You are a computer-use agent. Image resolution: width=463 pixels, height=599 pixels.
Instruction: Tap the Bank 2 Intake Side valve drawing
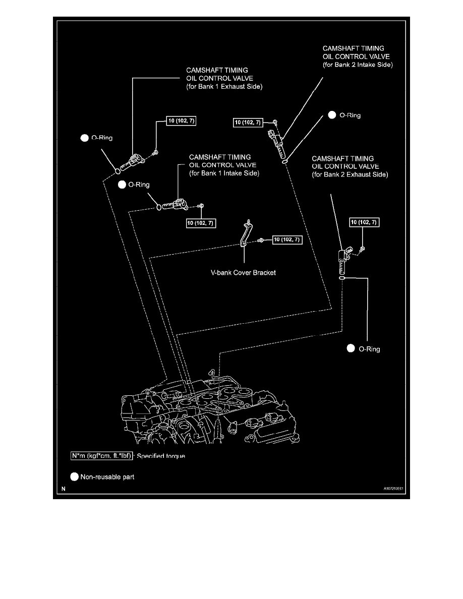[x=277, y=143]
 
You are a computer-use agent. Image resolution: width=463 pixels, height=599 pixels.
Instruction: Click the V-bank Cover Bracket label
[x=243, y=273]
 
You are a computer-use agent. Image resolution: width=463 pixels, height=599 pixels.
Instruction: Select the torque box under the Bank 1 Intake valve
[x=201, y=224]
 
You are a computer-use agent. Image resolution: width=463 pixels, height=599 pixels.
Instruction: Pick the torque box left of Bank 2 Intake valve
[x=248, y=122]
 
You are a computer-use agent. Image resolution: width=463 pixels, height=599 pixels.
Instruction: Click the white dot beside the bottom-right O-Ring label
[x=351, y=348]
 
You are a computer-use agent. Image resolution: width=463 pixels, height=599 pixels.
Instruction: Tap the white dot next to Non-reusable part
[x=75, y=476]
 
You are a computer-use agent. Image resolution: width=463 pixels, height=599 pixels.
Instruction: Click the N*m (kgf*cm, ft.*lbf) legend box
[x=101, y=456]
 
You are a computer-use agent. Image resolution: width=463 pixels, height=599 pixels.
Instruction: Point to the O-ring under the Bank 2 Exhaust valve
[x=342, y=277]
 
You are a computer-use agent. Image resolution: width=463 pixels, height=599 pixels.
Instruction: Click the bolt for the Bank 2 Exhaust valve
[x=363, y=249]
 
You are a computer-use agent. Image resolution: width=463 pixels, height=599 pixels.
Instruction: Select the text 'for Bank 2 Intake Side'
[x=358, y=65]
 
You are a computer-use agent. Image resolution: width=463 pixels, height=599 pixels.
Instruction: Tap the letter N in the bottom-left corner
[x=63, y=489]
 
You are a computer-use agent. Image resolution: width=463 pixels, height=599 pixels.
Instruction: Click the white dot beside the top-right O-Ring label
[x=332, y=115]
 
